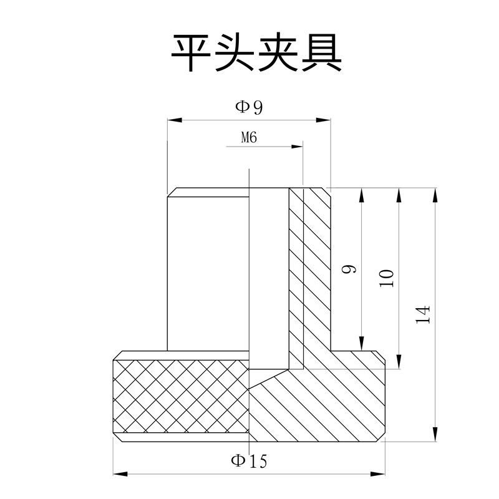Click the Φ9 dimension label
click(249, 107)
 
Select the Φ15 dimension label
click(249, 462)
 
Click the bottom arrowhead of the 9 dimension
click(362, 344)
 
